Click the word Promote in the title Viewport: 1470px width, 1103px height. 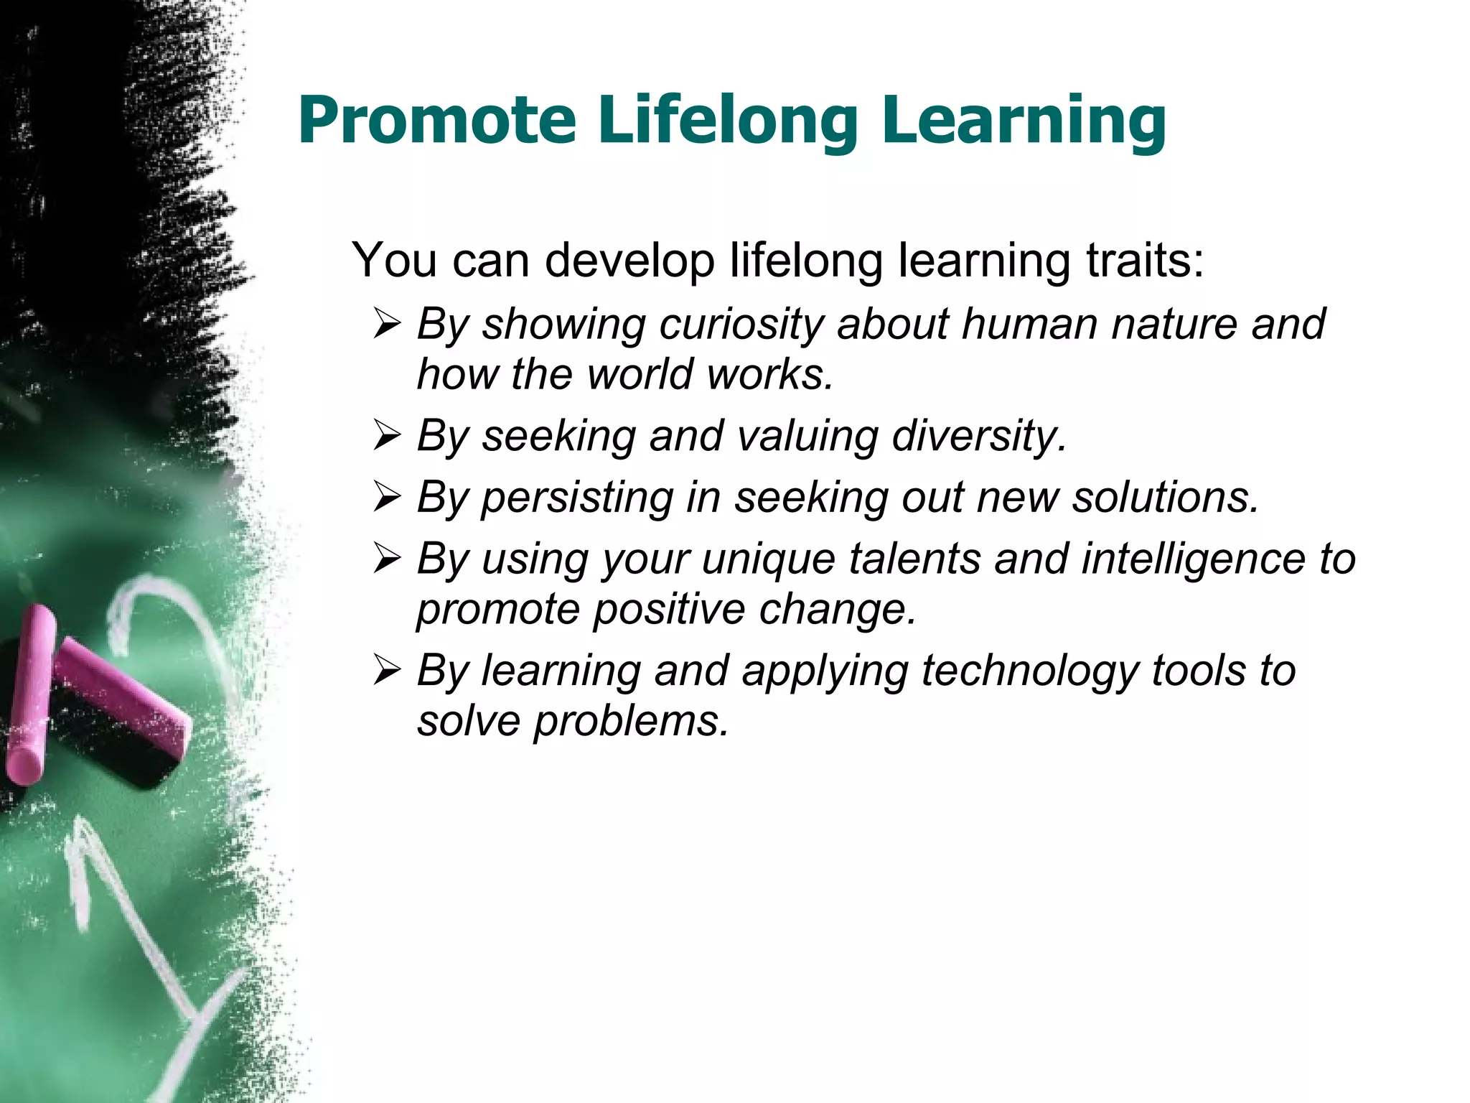click(x=437, y=121)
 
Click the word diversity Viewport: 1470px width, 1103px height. click(x=979, y=437)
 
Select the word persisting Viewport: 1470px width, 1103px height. click(x=576, y=498)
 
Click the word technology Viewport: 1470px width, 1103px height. click(x=1029, y=671)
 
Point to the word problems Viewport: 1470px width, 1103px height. click(x=631, y=721)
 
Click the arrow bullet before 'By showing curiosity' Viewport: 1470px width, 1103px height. click(x=387, y=325)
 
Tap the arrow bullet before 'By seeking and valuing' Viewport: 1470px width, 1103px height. click(x=387, y=436)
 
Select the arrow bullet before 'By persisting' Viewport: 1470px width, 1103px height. click(x=387, y=497)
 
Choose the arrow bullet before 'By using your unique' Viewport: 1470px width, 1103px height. click(x=387, y=559)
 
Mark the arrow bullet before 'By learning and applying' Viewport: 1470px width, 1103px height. click(x=387, y=671)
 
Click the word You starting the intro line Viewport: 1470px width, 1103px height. click(x=393, y=260)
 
